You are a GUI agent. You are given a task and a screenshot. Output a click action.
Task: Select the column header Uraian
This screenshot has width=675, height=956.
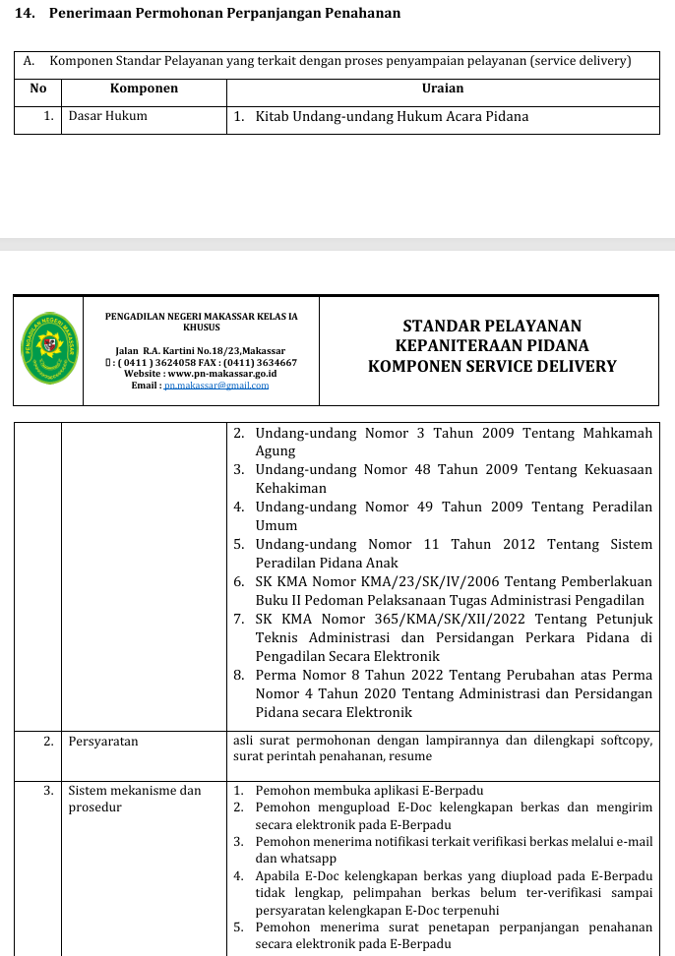tap(443, 89)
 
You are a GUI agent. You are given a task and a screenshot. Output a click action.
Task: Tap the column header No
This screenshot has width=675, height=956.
tap(38, 89)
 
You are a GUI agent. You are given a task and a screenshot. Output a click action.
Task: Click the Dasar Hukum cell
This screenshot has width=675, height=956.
tap(108, 116)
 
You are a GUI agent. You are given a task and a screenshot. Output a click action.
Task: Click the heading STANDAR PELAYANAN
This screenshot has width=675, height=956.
tap(492, 326)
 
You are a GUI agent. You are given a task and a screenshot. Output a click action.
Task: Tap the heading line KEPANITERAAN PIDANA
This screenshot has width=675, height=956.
tap(492, 346)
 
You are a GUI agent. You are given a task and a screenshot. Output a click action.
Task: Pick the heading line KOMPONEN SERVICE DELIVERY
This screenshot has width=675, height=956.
tap(492, 367)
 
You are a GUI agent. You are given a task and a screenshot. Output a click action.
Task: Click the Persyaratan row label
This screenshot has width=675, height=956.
tap(103, 742)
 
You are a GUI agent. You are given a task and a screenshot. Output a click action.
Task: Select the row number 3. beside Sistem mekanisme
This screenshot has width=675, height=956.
tap(47, 790)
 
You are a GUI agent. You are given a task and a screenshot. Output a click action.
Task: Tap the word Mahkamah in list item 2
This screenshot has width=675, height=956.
tap(617, 432)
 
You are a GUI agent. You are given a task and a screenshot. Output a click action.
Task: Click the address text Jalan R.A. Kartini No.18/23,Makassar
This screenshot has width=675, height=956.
tap(200, 351)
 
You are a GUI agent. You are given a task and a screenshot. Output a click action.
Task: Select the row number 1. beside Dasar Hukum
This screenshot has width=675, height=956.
tap(47, 116)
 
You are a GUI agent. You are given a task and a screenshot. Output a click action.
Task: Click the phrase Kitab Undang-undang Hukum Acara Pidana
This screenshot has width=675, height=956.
tap(392, 116)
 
